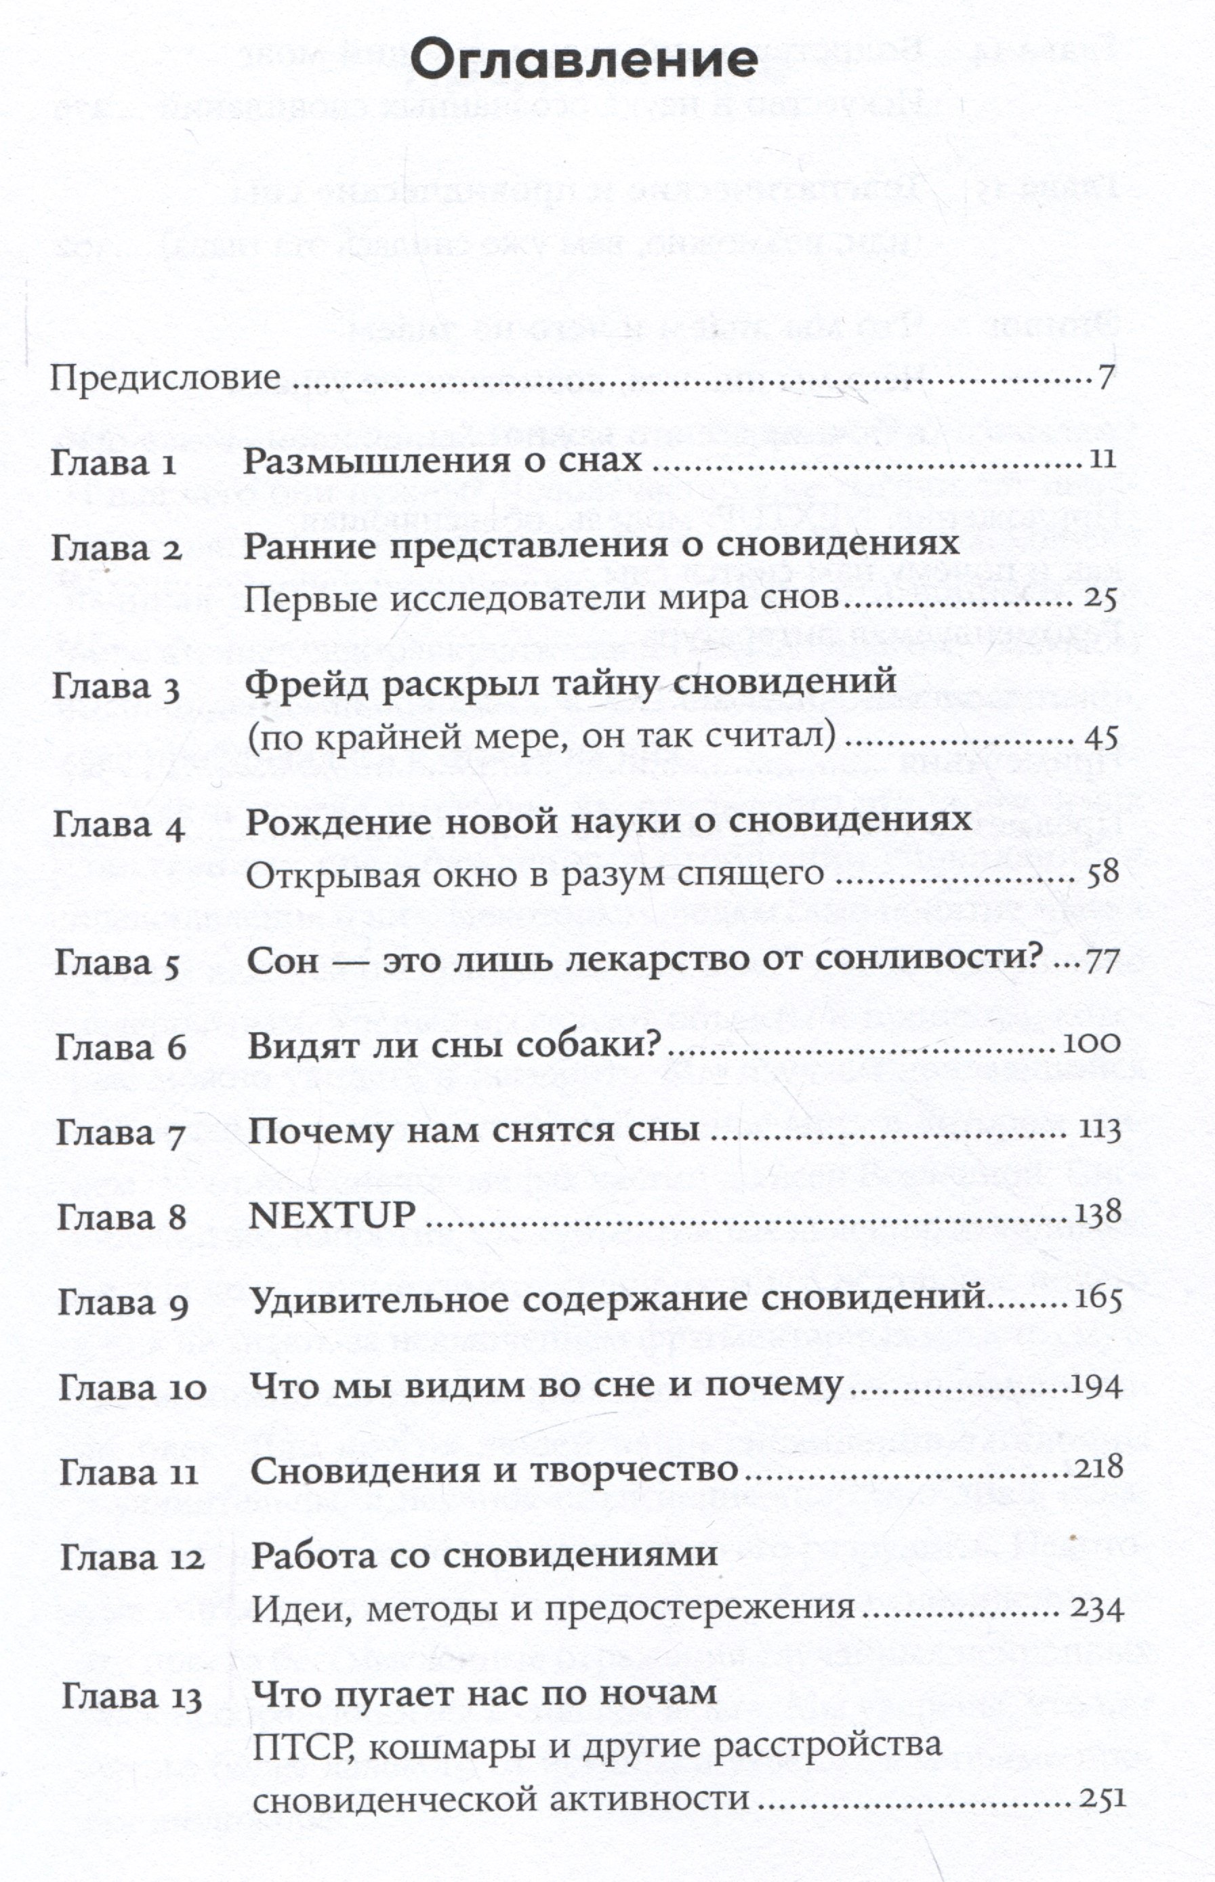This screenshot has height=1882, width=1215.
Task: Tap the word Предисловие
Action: pos(165,378)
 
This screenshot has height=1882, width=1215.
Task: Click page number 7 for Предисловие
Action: pos(1105,378)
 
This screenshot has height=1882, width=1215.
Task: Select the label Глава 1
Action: pos(114,463)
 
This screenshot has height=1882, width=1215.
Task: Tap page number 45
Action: pos(1101,737)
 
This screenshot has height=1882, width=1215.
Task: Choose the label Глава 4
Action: pos(119,825)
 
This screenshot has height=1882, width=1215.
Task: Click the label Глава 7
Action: pos(121,1134)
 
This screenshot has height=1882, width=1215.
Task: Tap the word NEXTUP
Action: pos(331,1216)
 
